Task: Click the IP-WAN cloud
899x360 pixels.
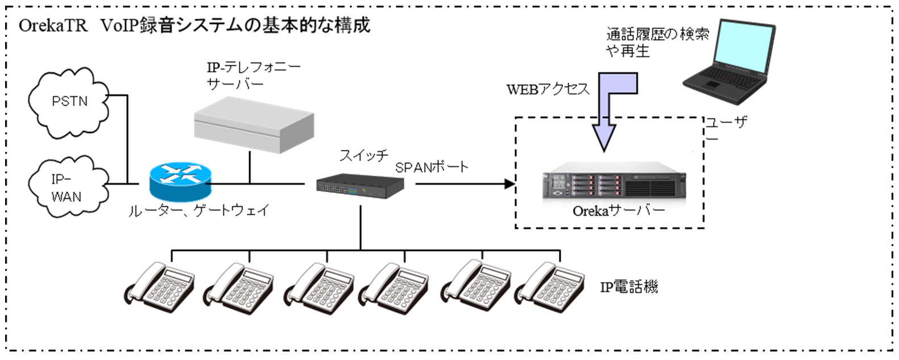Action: click(67, 188)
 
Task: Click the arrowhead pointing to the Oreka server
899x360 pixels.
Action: click(508, 184)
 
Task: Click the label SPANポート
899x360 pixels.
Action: click(432, 167)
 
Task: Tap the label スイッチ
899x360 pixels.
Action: click(364, 155)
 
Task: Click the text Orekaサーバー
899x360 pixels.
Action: click(619, 211)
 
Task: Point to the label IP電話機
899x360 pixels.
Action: click(629, 287)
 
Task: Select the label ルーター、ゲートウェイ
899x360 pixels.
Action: click(199, 210)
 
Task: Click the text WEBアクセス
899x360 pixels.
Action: click(548, 89)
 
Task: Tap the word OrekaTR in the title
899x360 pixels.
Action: click(53, 26)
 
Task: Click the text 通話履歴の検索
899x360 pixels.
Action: click(657, 34)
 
